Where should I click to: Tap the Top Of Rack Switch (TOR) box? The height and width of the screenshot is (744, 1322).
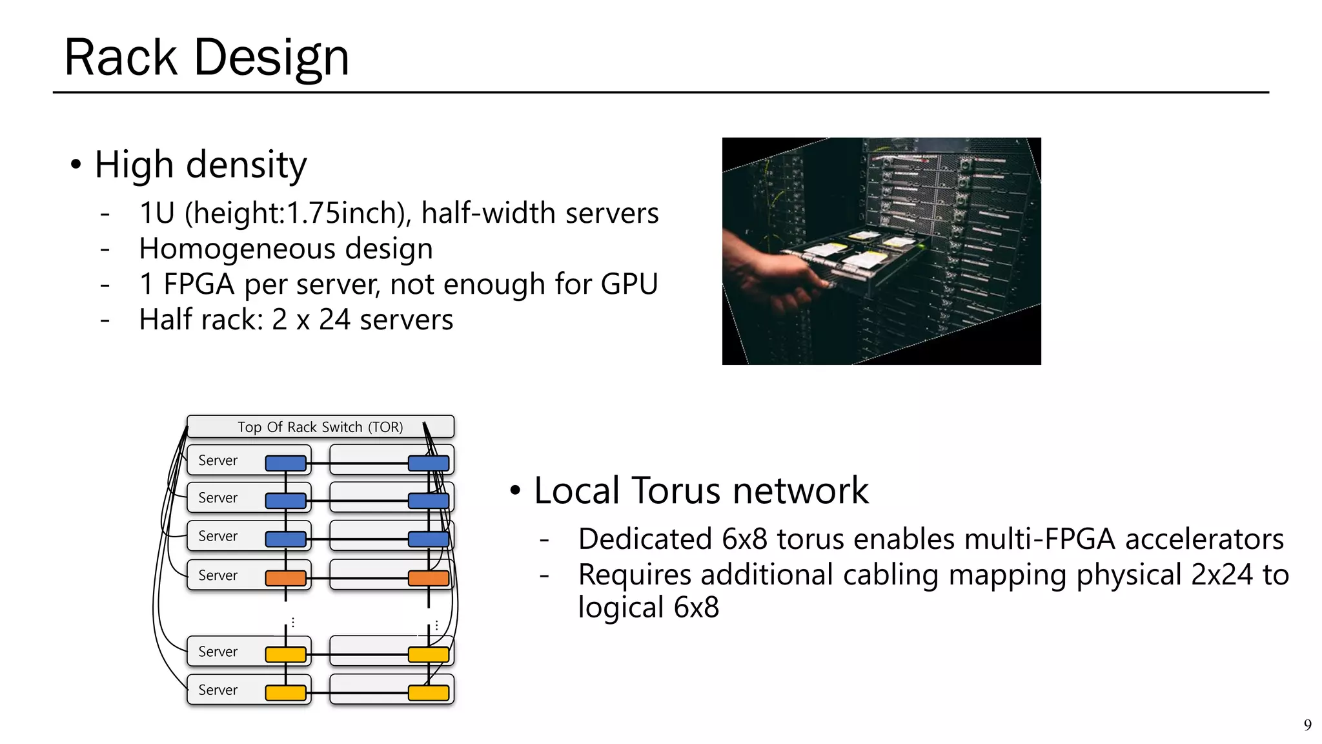tap(320, 427)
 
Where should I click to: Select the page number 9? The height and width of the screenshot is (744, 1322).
tap(1307, 725)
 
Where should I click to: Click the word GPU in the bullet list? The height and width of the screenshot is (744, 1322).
tap(629, 284)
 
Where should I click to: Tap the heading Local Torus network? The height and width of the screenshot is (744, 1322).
tap(701, 490)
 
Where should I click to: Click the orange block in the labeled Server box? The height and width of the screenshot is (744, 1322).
tap(286, 578)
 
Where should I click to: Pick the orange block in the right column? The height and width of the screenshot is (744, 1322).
tap(429, 578)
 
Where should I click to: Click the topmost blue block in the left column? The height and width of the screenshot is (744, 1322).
tap(286, 463)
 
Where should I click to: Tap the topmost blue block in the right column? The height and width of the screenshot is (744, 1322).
tap(429, 463)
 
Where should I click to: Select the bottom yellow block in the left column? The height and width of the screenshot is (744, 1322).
tap(286, 693)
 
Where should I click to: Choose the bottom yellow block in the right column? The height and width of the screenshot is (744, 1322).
tap(429, 693)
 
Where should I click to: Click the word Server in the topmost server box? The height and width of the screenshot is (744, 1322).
tap(218, 460)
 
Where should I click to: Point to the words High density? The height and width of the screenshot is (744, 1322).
tap(200, 165)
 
